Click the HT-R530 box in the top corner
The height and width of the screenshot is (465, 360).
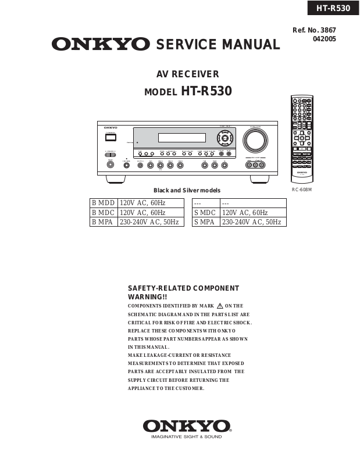333,8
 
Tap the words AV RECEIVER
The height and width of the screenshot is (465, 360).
188,74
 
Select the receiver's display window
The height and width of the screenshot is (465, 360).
182,138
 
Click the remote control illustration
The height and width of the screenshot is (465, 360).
301,140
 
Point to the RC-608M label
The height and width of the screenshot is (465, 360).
302,189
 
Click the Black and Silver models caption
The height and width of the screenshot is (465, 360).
187,191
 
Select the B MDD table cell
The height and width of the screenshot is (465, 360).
103,203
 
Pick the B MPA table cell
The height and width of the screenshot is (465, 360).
103,222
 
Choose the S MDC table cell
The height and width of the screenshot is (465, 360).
206,213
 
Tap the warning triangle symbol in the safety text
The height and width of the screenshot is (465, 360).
220,306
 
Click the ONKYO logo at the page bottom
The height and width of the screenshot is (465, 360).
187,426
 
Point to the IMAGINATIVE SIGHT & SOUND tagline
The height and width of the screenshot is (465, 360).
187,437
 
